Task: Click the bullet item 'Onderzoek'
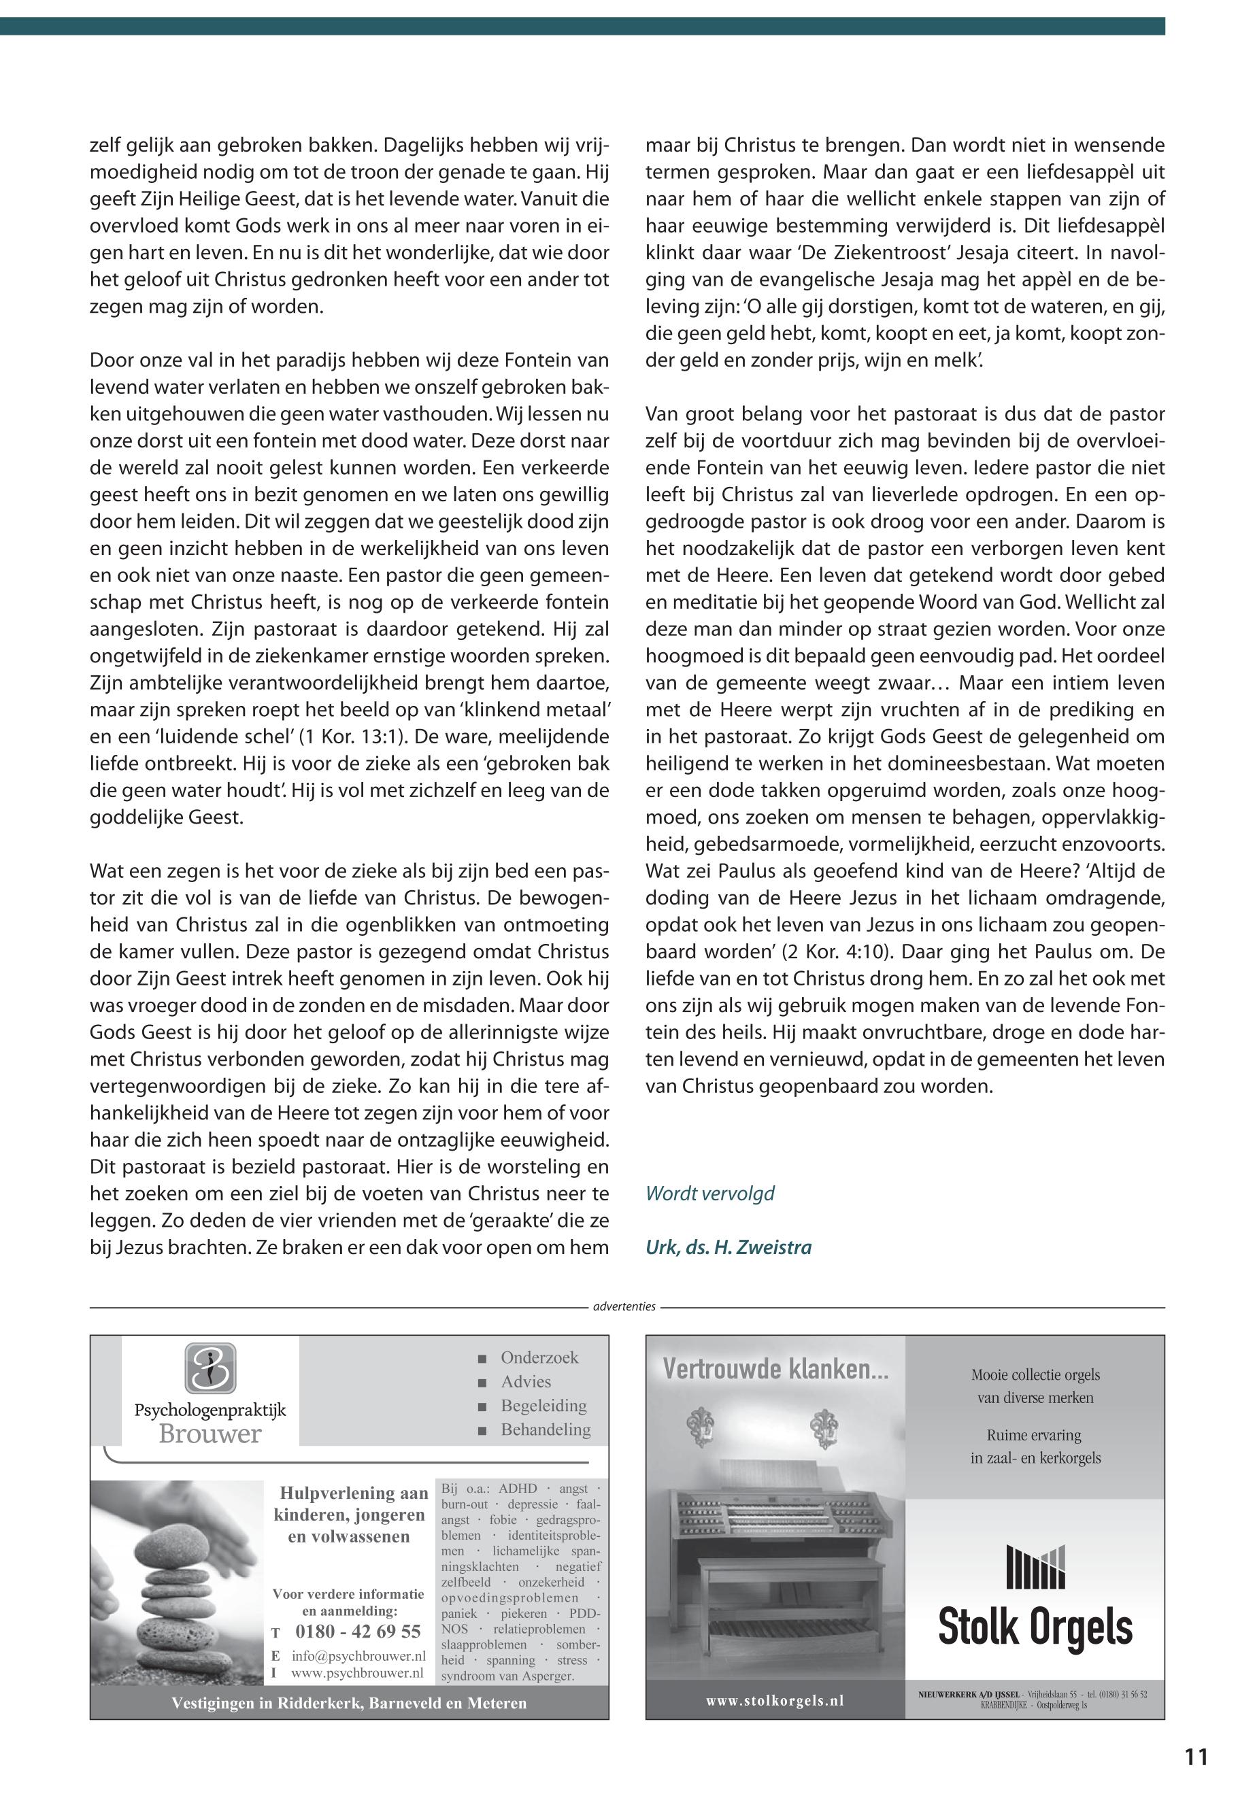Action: (x=539, y=1357)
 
